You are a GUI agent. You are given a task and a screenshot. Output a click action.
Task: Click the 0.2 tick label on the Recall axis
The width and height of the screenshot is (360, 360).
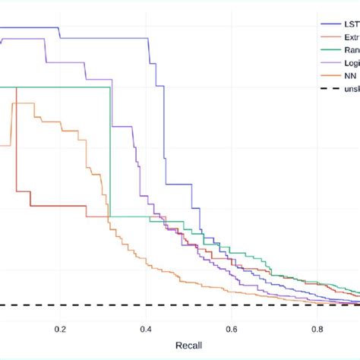[61, 329]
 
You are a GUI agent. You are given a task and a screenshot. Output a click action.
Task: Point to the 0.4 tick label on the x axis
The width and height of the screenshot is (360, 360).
[147, 329]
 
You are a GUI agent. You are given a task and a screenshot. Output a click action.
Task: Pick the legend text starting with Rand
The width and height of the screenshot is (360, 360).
[349, 49]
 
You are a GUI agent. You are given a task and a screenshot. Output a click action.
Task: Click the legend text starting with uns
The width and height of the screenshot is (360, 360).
[349, 89]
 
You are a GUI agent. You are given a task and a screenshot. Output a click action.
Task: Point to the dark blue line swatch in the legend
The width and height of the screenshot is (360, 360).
[329, 24]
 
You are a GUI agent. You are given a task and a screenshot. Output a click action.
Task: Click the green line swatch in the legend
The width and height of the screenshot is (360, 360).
[329, 49]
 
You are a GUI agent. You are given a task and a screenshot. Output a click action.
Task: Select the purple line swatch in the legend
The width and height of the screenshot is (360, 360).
[329, 62]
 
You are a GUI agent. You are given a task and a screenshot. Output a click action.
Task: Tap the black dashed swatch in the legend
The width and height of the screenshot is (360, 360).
[329, 89]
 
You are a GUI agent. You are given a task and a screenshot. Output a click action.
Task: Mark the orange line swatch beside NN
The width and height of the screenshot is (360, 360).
[329, 76]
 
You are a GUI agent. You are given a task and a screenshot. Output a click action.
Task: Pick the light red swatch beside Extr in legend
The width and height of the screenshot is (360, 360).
[329, 36]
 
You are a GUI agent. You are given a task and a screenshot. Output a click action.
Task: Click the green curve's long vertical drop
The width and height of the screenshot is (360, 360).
[110, 152]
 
